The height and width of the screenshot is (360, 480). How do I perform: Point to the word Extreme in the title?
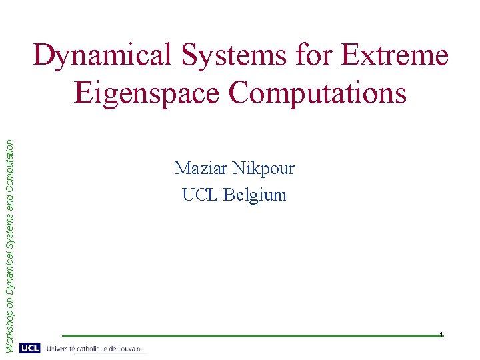pos(395,55)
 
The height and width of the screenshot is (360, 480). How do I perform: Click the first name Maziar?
pos(197,168)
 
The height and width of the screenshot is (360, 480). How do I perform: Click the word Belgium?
pos(255,195)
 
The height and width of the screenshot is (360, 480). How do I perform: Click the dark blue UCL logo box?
pos(30,348)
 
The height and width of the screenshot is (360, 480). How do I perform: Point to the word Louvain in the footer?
pos(131,349)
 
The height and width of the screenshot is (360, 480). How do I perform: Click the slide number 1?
pos(441,333)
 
